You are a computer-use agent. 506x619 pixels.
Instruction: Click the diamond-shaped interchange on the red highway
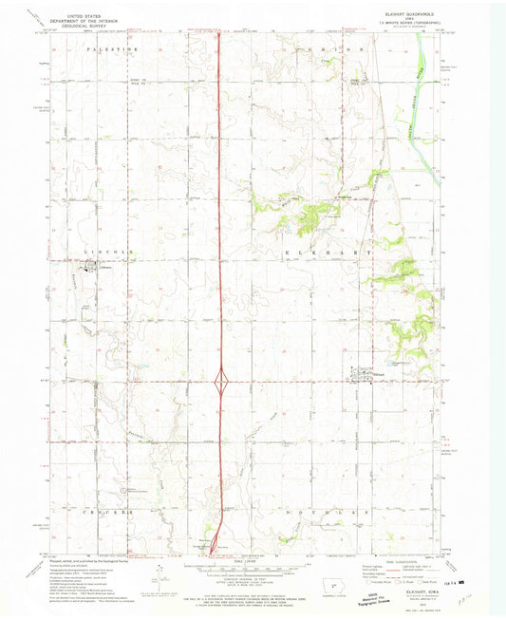tap(221, 382)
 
